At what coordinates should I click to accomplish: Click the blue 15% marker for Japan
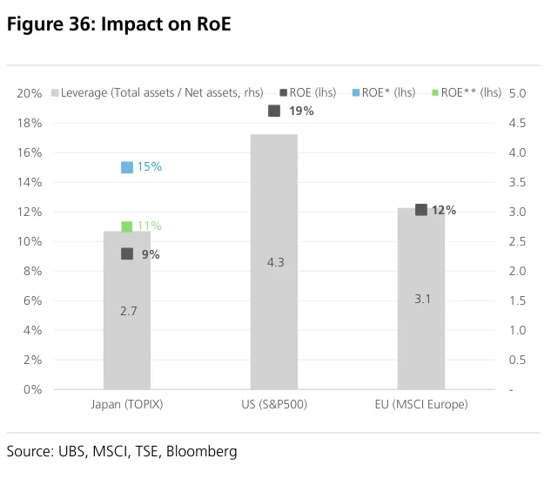[x=127, y=167]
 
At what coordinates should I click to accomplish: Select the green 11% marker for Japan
[x=127, y=226]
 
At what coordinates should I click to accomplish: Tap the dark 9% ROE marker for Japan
[x=127, y=253]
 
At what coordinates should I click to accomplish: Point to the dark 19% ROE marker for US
[x=274, y=111]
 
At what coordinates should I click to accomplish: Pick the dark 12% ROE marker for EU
[x=421, y=210]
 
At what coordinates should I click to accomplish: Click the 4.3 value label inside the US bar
[x=275, y=262]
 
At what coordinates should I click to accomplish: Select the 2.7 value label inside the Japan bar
[x=128, y=311]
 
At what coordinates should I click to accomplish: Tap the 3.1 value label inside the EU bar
[x=422, y=299]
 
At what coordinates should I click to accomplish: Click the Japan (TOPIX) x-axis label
[x=127, y=404]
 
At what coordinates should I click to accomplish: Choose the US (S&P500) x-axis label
[x=274, y=404]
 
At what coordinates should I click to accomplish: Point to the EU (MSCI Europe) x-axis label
[x=421, y=404]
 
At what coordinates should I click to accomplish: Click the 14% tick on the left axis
[x=30, y=182]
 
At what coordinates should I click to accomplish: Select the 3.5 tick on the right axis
[x=517, y=182]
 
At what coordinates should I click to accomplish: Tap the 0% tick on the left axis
[x=33, y=389]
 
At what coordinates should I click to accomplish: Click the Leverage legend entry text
[x=162, y=92]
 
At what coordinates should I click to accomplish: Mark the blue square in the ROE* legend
[x=356, y=93]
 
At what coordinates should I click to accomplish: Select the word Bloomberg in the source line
[x=202, y=451]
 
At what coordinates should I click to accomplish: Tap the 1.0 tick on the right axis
[x=517, y=330]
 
